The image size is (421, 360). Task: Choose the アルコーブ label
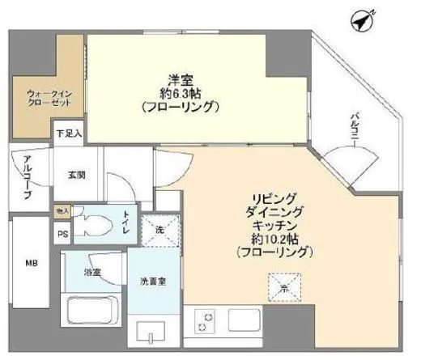[27, 177]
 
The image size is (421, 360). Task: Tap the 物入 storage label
[62, 211]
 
